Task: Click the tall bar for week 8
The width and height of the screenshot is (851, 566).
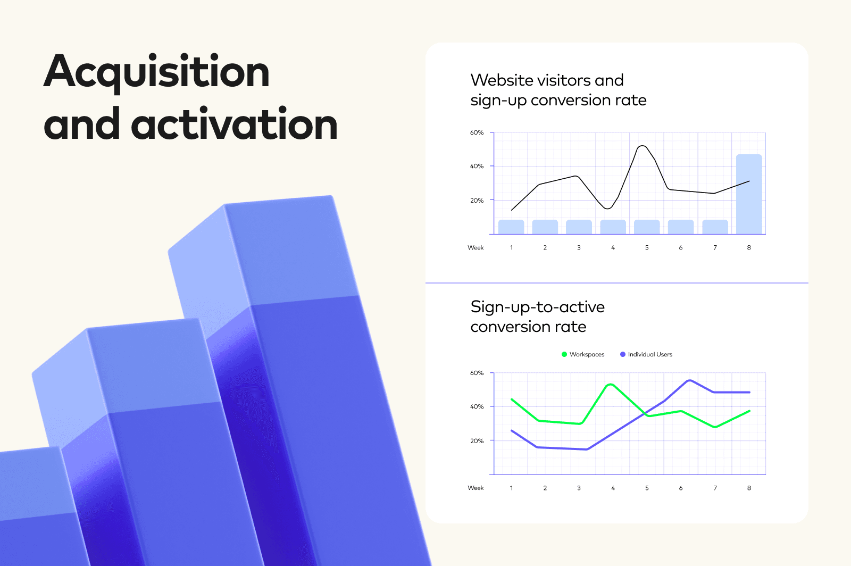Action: coord(749,194)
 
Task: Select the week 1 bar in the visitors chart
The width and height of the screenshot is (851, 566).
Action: coord(511,227)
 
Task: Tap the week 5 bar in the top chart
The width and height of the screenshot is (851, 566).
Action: coord(647,227)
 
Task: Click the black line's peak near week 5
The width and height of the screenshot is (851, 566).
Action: coord(643,146)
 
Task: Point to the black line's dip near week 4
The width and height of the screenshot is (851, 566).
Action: coord(608,208)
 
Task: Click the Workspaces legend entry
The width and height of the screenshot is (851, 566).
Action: coord(583,354)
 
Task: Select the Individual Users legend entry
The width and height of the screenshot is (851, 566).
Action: coord(646,354)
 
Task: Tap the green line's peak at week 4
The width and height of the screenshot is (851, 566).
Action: coord(611,385)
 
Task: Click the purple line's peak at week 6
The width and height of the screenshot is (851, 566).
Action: coord(689,380)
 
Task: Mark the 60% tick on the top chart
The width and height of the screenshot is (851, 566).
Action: coord(477,132)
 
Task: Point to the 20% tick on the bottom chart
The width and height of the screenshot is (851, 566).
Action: coord(477,441)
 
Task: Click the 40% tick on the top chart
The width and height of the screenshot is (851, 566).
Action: coord(477,166)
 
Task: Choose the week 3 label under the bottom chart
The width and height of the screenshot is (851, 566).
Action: coord(579,488)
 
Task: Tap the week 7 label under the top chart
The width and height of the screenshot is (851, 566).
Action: coord(715,248)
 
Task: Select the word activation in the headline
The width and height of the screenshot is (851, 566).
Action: coord(234,123)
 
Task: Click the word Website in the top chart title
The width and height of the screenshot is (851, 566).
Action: coord(502,80)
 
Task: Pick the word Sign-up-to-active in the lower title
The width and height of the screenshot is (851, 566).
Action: coord(538,307)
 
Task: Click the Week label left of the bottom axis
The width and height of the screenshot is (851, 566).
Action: coord(475,488)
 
